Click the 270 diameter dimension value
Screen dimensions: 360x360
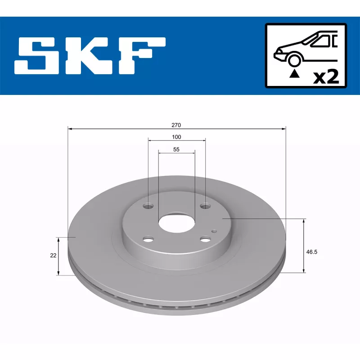click(x=176, y=125)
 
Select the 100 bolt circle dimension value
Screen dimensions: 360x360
click(x=176, y=137)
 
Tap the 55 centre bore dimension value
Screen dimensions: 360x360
click(x=176, y=149)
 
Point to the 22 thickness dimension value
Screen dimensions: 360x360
click(x=53, y=255)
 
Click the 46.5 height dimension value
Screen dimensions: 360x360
click(x=311, y=252)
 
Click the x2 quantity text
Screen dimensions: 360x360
click(x=326, y=77)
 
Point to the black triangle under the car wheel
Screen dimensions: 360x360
click(x=294, y=74)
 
